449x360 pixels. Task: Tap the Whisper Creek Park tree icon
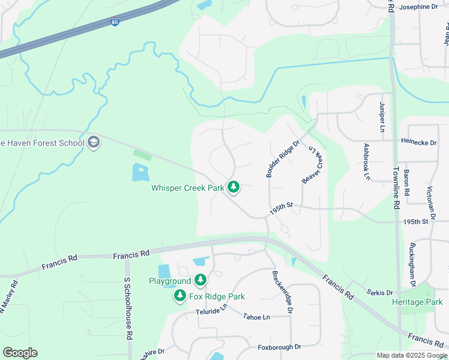tap(234, 188)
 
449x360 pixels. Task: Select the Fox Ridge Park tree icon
tap(179, 296)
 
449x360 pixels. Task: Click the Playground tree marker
tap(200, 281)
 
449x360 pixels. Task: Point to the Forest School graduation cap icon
tap(93, 142)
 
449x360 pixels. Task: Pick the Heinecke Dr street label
tap(420, 142)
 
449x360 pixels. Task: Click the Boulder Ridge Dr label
tap(282, 159)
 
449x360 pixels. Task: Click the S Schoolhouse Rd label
tap(128, 308)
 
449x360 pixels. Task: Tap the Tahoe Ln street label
tap(256, 316)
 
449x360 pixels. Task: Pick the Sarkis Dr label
tap(379, 293)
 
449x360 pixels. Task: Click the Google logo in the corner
tap(20, 353)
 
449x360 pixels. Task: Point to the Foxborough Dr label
tap(279, 347)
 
